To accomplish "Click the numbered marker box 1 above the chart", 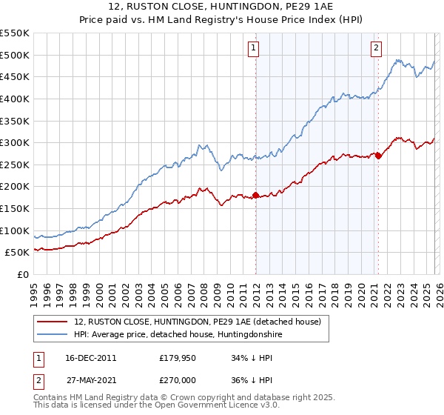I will coord(253,48).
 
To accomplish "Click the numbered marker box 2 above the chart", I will coord(376,48).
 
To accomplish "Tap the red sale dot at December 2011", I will coord(255,196).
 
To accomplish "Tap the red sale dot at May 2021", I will coord(378,156).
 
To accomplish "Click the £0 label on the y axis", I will coord(22,275).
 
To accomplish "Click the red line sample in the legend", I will coord(53,322).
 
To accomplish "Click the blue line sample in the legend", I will coord(53,335).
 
